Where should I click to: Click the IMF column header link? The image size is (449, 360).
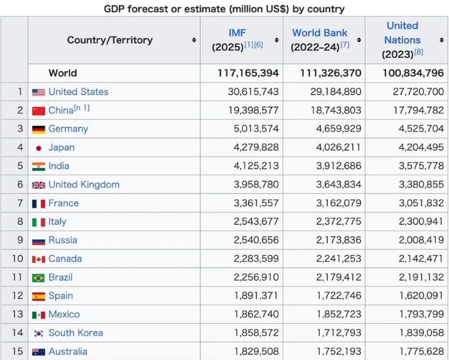[237, 32]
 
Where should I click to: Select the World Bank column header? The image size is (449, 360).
[320, 32]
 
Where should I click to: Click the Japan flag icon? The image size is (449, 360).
[38, 148]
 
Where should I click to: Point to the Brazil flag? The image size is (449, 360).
[38, 278]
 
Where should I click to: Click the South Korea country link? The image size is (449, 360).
[75, 333]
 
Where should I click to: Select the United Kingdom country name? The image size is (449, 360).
[83, 184]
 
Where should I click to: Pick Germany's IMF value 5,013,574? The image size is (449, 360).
[256, 128]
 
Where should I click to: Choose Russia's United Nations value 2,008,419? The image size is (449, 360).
[421, 240]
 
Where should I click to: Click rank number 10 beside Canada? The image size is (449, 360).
[17, 259]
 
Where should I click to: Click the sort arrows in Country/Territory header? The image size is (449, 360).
[193, 40]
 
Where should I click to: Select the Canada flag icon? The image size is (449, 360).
[38, 259]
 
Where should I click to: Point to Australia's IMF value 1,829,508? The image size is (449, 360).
[256, 352]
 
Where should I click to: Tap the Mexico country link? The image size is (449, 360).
[64, 314]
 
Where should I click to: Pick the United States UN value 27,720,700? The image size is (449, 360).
[418, 92]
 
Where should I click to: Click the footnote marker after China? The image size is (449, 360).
[82, 108]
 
